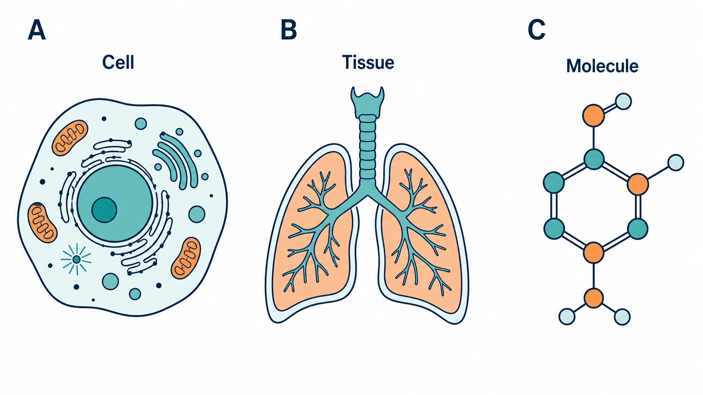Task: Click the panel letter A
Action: point(37,30)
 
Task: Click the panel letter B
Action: point(289,30)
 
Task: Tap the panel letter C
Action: point(537,30)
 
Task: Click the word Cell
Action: point(118,62)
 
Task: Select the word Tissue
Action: point(368,62)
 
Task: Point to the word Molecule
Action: point(602,66)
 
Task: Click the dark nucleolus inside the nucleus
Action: point(104,210)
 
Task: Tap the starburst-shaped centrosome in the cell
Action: point(76,259)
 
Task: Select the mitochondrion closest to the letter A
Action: point(70,138)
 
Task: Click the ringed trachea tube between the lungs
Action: point(367,147)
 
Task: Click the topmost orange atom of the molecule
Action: point(593,116)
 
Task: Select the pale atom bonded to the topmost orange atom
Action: point(623,101)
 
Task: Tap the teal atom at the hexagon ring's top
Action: point(594,159)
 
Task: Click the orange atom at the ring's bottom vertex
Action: point(593,253)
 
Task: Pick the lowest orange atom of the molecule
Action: point(593,298)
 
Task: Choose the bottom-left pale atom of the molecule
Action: point(567,316)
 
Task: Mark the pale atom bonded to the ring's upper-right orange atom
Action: point(676,163)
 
